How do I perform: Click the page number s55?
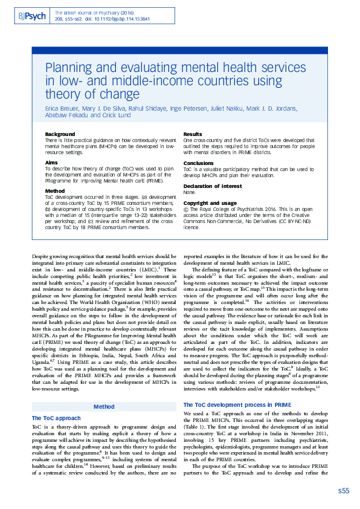tap(343, 490)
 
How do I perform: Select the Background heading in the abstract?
tap(60, 134)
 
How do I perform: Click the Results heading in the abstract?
tap(193, 134)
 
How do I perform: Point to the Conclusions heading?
tap(198, 163)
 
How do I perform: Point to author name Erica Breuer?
tap(63, 109)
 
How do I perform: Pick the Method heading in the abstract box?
tap(55, 191)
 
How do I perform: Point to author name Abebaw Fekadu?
tap(65, 115)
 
